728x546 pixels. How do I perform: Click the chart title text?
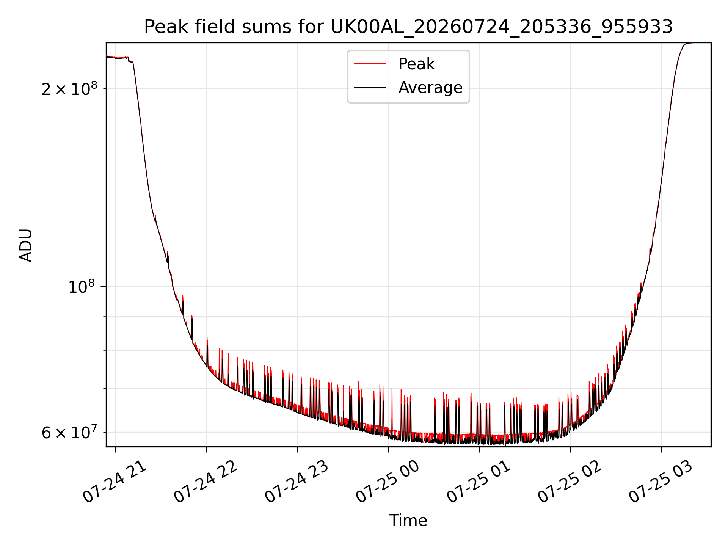coord(408,27)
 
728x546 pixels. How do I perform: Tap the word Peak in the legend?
coord(416,64)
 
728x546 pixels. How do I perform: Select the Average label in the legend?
coord(430,88)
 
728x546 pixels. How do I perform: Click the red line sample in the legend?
coord(370,64)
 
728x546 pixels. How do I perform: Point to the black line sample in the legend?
coord(370,88)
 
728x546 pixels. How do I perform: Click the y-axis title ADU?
coord(26,245)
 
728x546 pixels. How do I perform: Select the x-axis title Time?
coord(408,521)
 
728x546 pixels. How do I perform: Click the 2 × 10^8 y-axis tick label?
coord(69,89)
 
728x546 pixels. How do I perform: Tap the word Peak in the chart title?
coord(161,27)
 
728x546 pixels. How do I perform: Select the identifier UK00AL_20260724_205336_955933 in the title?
coord(502,27)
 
